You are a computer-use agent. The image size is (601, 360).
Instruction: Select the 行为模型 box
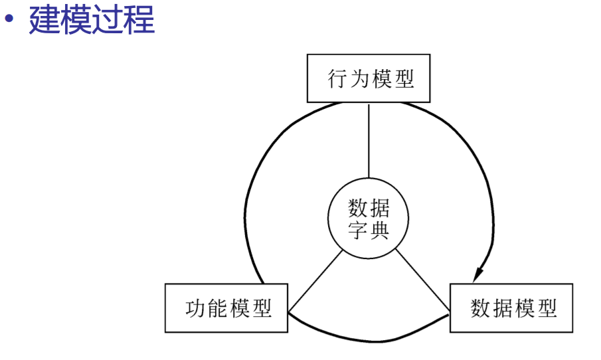(369, 78)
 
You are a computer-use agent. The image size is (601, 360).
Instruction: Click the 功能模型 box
(226, 308)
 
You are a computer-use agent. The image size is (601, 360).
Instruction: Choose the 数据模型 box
(511, 308)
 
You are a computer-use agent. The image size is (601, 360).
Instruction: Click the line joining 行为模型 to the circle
(369, 141)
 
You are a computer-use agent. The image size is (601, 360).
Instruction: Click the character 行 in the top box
(337, 79)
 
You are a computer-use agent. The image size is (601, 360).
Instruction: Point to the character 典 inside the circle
(379, 230)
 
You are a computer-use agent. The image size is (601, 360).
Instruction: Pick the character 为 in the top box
(359, 79)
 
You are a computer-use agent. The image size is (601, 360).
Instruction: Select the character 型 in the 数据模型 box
(545, 309)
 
